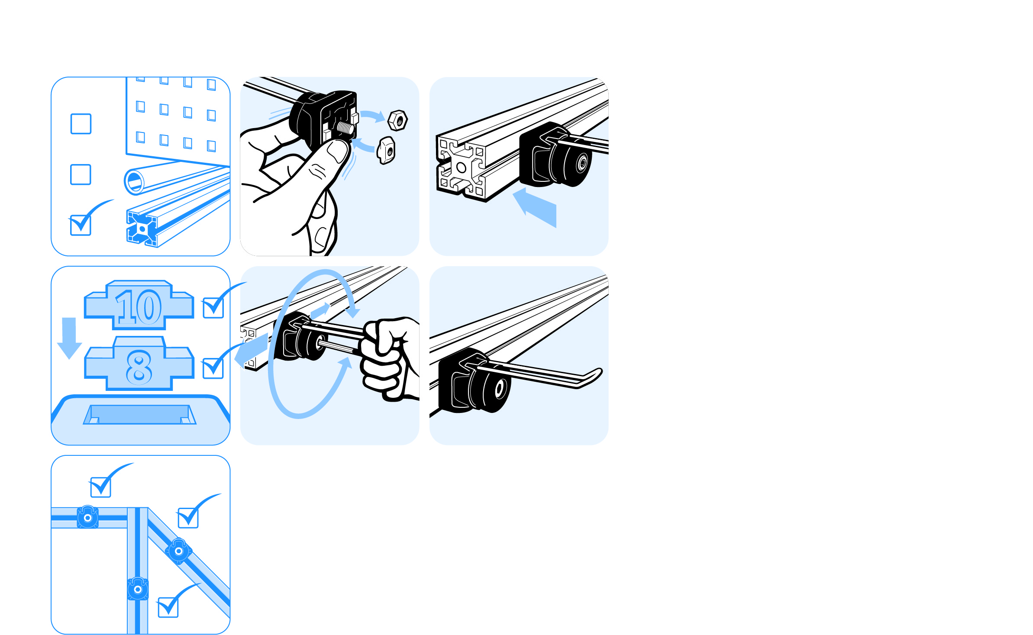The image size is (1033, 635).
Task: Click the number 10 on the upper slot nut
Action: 139,307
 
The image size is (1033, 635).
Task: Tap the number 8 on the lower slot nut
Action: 139,367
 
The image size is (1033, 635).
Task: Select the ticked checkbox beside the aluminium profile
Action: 81,225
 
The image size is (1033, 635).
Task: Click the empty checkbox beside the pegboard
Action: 81,124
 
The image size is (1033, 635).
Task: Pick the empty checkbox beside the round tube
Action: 81,174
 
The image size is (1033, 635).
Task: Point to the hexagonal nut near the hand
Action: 397,120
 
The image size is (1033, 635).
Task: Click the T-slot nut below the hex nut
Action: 386,150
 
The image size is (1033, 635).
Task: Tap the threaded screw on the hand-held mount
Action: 345,128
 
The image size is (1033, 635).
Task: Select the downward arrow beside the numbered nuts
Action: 69,338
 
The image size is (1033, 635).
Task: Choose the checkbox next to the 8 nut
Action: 213,368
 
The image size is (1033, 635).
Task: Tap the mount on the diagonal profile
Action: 178,551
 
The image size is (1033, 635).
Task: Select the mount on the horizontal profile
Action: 88,517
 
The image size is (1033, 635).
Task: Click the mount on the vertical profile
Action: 138,589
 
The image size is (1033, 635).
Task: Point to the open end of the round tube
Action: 134,181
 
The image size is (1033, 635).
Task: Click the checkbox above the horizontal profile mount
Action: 101,487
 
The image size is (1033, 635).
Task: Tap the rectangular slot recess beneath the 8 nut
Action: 140,414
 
